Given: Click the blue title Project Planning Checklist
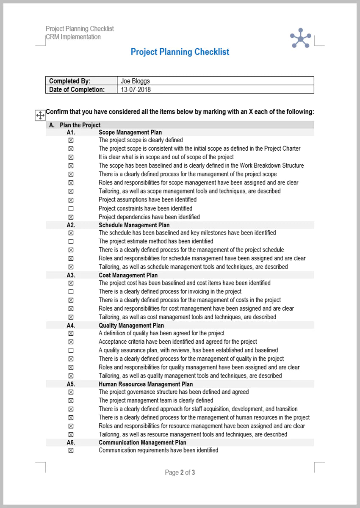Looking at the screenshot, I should tap(180, 52).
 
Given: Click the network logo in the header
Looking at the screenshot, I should tap(300, 39).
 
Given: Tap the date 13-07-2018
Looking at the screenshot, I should tap(136, 89).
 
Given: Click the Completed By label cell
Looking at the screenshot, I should tap(70, 81).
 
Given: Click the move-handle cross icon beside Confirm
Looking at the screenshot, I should tap(39, 115).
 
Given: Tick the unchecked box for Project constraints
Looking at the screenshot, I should tap(71, 209).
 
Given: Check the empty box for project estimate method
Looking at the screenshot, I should tap(71, 241).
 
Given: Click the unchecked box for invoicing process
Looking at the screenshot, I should tap(71, 292).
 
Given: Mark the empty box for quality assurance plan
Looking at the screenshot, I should tap(71, 351).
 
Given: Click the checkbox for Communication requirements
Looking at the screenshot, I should tap(71, 450).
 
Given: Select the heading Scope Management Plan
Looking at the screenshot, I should tap(130, 133).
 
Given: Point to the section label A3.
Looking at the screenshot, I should tap(71, 275).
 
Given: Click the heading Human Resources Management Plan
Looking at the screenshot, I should tap(146, 384).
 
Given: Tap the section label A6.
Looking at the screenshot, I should tap(71, 443).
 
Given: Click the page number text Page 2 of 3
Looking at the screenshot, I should tap(180, 472).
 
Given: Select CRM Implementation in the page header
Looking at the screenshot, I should tap(73, 37).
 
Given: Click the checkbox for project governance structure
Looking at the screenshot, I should tap(71, 392).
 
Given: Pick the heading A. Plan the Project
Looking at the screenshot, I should tap(75, 125).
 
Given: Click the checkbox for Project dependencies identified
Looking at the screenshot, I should tap(71, 217).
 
